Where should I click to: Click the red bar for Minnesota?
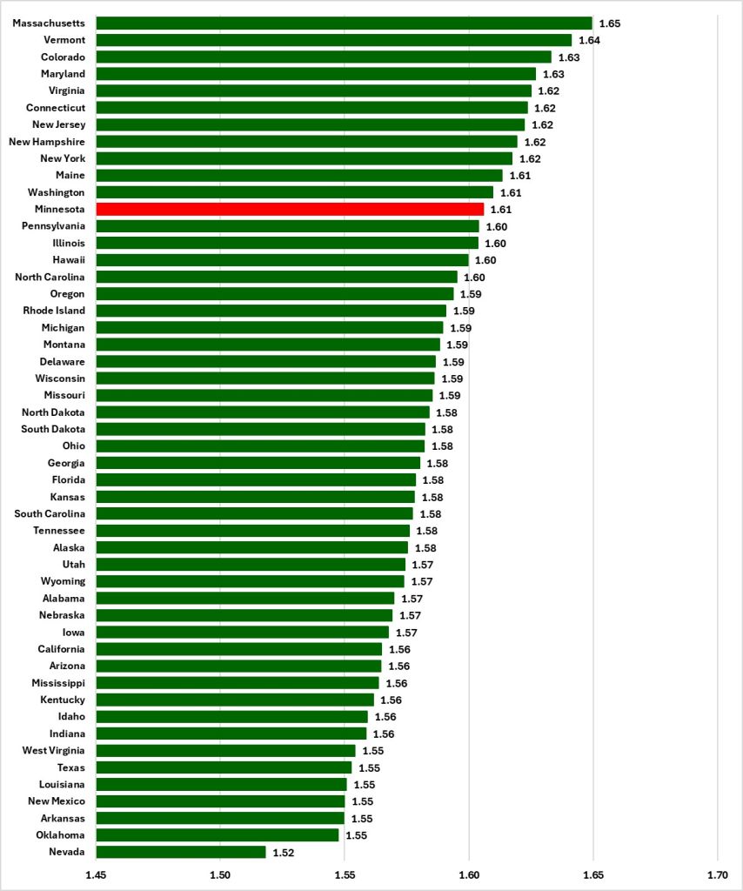point(290,209)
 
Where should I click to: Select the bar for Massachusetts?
point(344,23)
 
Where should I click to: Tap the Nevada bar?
point(181,852)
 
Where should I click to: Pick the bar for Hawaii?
point(282,260)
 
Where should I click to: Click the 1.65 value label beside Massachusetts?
point(609,23)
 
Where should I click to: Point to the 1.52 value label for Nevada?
point(284,853)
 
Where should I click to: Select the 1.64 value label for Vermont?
point(589,40)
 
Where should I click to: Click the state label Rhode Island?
point(54,311)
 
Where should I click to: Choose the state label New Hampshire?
point(47,141)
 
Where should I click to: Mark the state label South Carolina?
point(50,513)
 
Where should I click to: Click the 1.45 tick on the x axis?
point(96,874)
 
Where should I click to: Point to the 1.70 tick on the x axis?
point(718,874)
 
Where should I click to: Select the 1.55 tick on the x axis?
point(345,874)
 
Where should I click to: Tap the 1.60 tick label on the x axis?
point(469,874)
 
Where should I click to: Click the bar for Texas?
point(224,767)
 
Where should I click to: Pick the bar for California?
point(238,649)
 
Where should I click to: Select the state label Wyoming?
point(63,581)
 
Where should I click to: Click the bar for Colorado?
point(323,57)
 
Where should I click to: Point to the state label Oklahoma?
point(61,835)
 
